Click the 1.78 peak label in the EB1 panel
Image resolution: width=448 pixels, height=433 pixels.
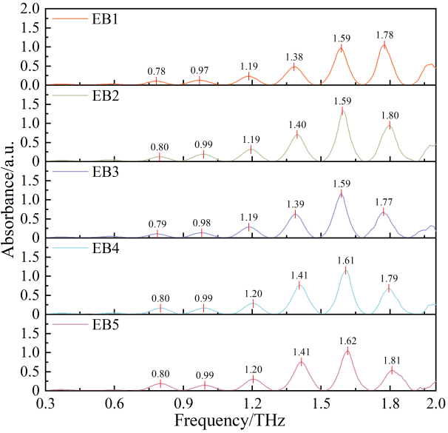pyautogui.click(x=385, y=35)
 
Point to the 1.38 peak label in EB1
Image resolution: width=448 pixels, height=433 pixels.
pyautogui.click(x=295, y=56)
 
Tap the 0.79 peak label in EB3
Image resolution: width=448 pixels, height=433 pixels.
pyautogui.click(x=157, y=224)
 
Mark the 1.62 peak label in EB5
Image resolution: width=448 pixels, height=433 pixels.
pyautogui.click(x=347, y=338)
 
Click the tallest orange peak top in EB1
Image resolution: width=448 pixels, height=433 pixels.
pyautogui.click(x=384, y=44)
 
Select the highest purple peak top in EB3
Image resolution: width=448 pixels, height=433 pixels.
pyautogui.click(x=341, y=192)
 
